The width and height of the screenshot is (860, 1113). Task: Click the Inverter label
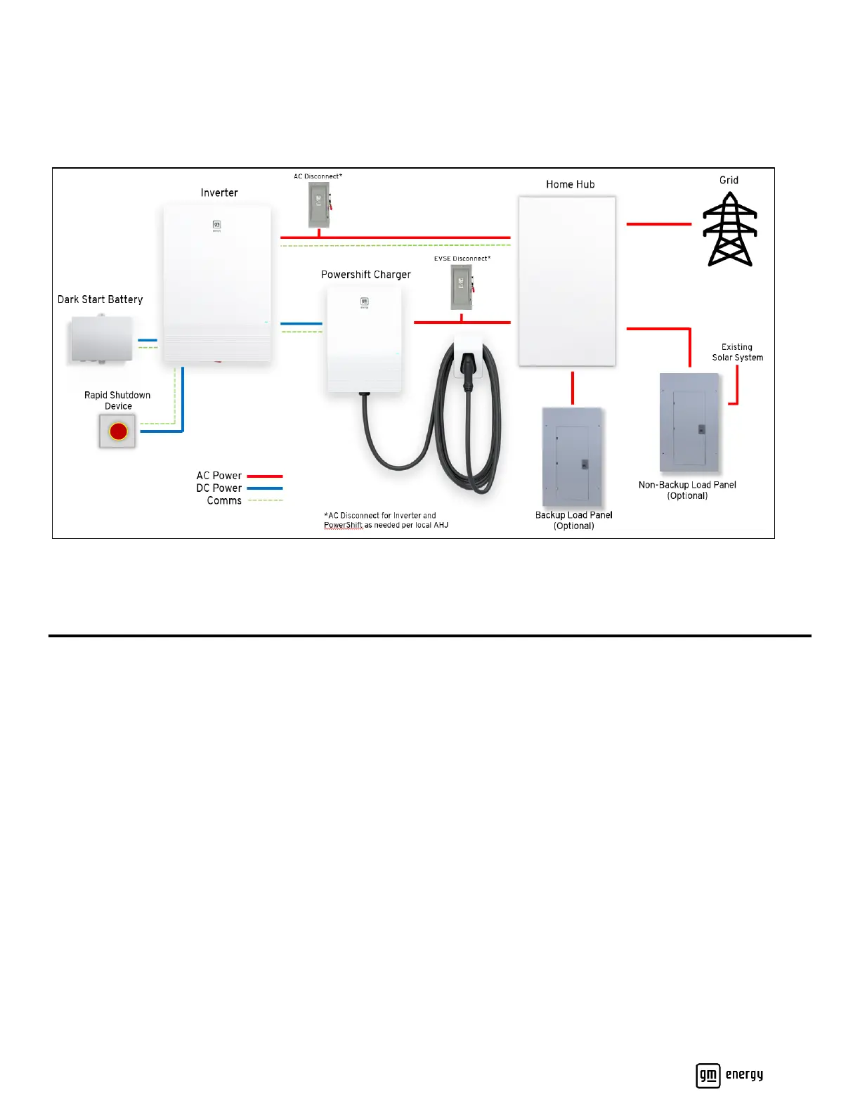point(219,193)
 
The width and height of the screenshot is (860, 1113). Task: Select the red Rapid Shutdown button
point(118,431)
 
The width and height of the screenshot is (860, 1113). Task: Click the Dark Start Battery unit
point(102,339)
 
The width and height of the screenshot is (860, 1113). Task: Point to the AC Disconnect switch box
point(319,204)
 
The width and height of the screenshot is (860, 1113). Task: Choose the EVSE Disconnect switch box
point(461,287)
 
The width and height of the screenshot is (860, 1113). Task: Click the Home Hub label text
point(570,184)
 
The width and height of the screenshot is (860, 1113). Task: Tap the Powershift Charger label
point(365,275)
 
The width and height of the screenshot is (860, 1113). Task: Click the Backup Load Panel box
point(573,456)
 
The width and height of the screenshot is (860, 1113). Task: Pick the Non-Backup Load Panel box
point(689,422)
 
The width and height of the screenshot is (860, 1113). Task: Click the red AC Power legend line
point(265,476)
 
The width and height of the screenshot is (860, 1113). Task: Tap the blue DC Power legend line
point(265,488)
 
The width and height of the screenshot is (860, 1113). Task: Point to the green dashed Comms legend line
point(265,500)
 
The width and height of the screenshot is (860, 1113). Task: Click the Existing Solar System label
point(737,352)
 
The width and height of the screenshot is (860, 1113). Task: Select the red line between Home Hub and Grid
point(658,224)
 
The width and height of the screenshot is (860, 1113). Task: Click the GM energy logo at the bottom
point(729,1075)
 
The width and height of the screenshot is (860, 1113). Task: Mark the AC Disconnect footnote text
point(386,520)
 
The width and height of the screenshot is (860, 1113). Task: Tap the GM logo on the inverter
point(217,225)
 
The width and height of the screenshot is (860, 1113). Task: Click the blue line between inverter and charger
point(301,324)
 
